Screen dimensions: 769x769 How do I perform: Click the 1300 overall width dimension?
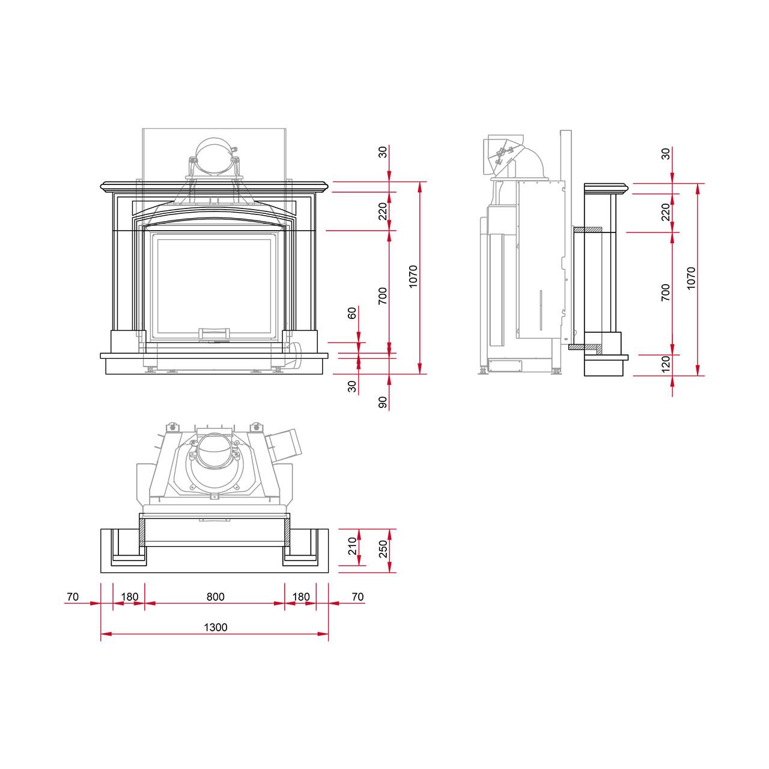[x=216, y=627]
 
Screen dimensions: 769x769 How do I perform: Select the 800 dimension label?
[x=216, y=597]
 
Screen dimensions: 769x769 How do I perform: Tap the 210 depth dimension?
[x=352, y=546]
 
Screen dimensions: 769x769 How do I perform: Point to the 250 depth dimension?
[x=383, y=549]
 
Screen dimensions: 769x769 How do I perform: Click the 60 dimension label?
[x=352, y=313]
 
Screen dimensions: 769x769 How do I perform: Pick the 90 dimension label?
[x=383, y=403]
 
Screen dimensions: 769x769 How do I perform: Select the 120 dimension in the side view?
[x=666, y=364]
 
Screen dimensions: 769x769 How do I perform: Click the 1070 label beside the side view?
[x=691, y=278]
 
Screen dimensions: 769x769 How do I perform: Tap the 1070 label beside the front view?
[x=413, y=276]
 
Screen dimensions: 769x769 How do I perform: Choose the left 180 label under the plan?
[x=130, y=597]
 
